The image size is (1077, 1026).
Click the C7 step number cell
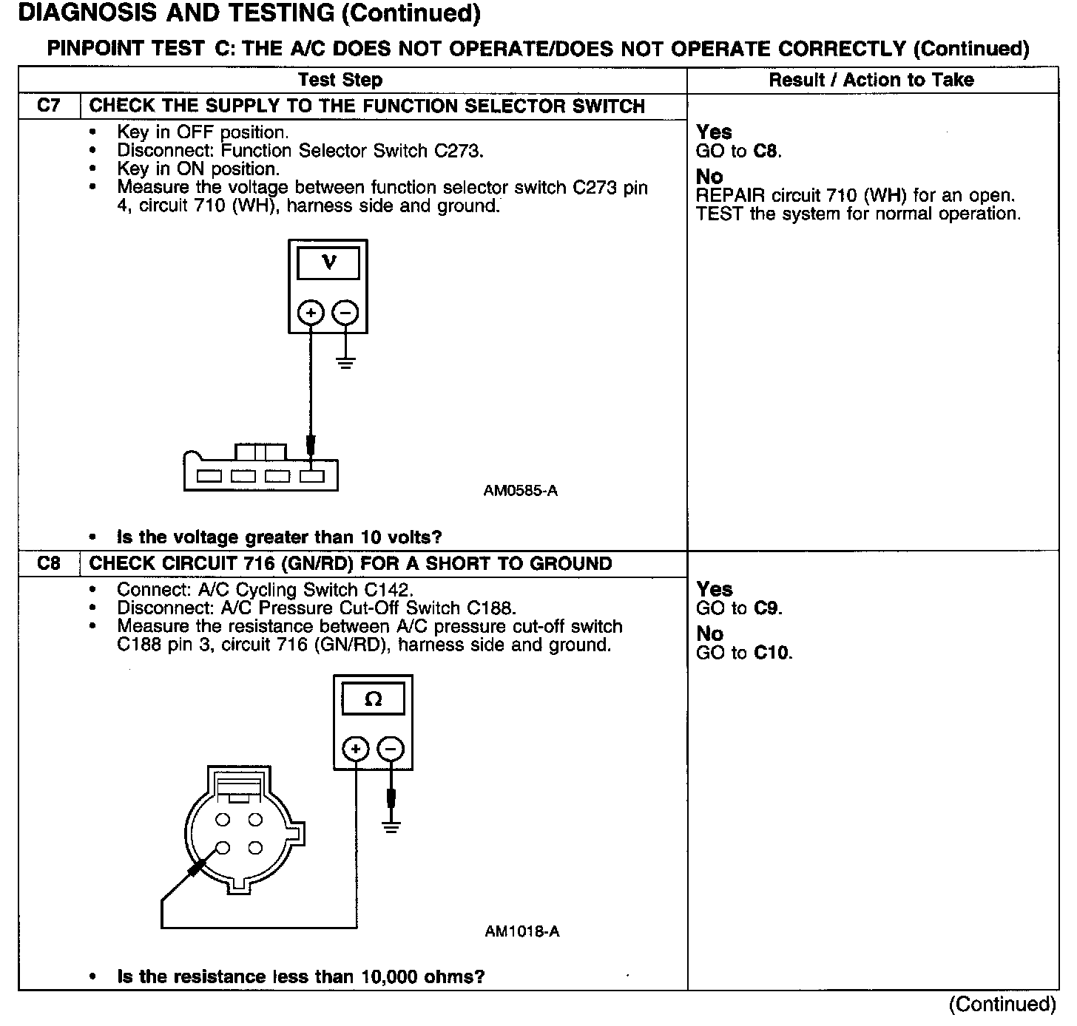48,106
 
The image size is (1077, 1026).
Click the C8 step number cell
48,563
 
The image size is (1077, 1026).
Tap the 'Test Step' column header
340,80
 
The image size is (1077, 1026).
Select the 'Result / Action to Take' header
871,80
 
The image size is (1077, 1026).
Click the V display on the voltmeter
328,262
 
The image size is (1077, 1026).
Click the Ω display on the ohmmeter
374,699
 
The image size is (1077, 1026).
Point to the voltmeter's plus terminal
311,313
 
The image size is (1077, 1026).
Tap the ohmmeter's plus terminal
356,750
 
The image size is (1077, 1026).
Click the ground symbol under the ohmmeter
391,826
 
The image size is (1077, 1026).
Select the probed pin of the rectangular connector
311,476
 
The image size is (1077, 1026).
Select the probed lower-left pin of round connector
223,848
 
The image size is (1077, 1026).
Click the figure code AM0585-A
520,491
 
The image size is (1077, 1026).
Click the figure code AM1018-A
522,931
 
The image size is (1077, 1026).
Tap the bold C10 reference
772,653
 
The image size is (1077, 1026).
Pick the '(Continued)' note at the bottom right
1002,1004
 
